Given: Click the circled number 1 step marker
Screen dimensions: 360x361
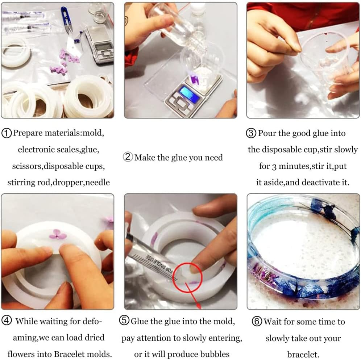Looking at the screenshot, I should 7,133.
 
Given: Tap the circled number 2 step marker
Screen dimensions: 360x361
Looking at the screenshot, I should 128,158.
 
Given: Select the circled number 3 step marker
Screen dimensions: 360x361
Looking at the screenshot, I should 252,133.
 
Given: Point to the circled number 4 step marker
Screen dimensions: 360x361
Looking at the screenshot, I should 7,321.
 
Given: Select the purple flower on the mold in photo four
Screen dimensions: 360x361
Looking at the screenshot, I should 58,234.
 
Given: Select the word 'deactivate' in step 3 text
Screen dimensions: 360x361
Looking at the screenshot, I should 310,183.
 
